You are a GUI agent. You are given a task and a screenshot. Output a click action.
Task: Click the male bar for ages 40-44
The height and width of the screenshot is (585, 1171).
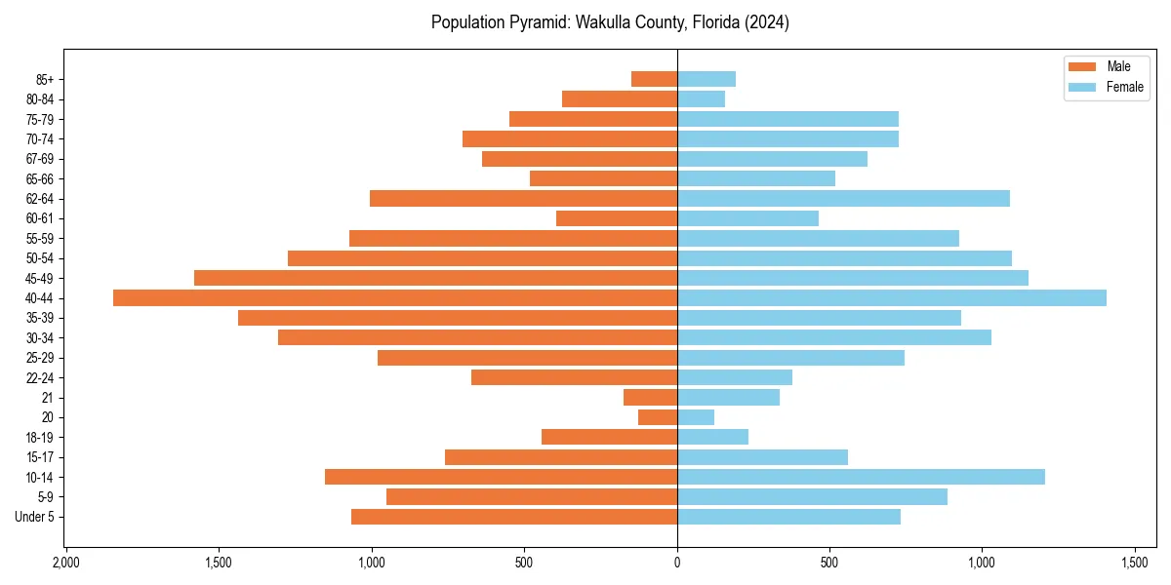[x=395, y=298]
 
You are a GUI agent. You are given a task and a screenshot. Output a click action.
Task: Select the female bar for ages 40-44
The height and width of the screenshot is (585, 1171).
[x=892, y=298]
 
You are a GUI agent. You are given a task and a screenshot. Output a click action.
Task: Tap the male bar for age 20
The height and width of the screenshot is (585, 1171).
[x=658, y=417]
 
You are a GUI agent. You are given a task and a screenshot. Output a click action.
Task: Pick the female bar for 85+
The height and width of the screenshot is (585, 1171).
[x=707, y=79]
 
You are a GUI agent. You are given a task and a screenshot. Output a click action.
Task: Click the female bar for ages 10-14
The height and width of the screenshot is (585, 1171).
[x=861, y=477]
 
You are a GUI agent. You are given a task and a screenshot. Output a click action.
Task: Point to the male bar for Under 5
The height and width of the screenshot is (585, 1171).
[x=514, y=517]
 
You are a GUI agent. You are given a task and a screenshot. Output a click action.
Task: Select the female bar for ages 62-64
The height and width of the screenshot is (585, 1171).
[x=843, y=199]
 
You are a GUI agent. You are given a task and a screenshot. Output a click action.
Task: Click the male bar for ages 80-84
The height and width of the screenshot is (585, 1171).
[x=620, y=99]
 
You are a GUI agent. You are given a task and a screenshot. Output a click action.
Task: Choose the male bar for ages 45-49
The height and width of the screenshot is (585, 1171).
[x=435, y=278]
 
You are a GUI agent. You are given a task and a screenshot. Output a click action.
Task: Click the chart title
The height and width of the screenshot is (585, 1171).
[x=610, y=22]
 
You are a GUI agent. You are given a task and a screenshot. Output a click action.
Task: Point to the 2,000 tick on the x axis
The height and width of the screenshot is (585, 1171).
[x=65, y=563]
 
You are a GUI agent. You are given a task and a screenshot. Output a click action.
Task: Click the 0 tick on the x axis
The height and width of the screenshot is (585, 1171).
[x=677, y=563]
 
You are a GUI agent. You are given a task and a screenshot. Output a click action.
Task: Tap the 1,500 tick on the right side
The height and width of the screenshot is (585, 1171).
[x=1134, y=563]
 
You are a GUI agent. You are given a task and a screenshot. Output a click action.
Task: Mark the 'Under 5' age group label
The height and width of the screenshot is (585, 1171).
[x=34, y=517]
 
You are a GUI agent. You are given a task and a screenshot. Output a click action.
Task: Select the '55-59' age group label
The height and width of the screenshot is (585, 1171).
[x=40, y=239]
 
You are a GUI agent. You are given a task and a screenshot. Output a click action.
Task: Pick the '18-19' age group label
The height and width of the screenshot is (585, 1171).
[x=40, y=438]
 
